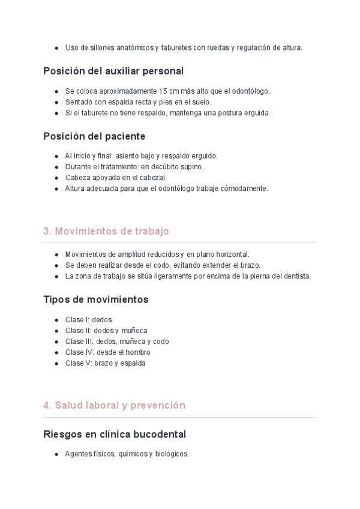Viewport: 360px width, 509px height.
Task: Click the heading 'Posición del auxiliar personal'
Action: click(113, 71)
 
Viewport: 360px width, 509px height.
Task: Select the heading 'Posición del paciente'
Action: click(94, 136)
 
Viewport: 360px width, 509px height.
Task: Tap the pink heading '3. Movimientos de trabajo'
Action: click(106, 231)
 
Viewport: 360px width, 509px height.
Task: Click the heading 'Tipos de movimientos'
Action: click(95, 299)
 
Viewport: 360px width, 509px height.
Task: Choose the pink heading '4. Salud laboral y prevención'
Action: click(114, 405)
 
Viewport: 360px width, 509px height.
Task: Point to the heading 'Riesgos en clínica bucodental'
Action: click(115, 434)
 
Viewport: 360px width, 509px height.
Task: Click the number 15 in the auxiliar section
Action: click(163, 91)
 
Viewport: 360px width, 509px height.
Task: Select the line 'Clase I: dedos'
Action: click(88, 320)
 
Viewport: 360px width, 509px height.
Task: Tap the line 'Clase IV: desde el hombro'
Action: click(107, 352)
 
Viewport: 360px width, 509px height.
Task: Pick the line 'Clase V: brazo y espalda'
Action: click(105, 363)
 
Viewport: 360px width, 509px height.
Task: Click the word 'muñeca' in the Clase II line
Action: click(134, 331)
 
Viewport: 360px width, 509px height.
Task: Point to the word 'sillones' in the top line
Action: click(101, 47)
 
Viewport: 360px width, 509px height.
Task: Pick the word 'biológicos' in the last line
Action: click(172, 454)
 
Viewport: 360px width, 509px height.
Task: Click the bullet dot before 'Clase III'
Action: click(56, 342)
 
